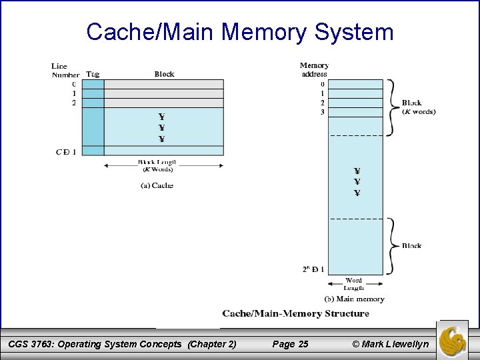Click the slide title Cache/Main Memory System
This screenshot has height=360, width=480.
point(240,31)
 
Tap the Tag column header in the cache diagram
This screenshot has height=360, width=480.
point(93,74)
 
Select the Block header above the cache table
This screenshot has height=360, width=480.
point(164,74)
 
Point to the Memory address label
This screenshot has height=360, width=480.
point(314,70)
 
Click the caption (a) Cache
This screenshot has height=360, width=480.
point(157,185)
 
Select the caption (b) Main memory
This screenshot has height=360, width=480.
point(353,299)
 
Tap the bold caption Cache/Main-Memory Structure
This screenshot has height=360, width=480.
point(295,313)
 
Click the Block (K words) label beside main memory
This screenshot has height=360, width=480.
point(418,107)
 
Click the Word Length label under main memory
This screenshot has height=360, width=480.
point(354,284)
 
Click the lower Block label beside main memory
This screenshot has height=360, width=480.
point(411,245)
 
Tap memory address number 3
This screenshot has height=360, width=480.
point(323,112)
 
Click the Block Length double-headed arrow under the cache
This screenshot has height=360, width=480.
point(164,156)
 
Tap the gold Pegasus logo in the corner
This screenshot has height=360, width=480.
point(455,339)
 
